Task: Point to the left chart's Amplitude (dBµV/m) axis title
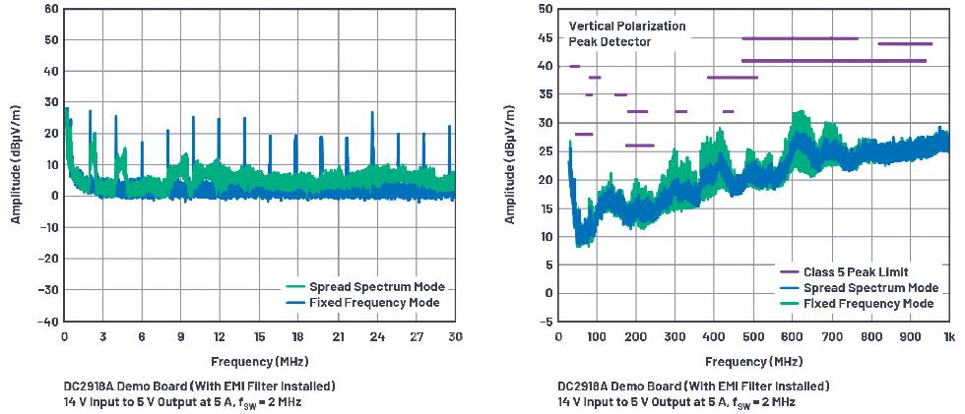(x=17, y=165)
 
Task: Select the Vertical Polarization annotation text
(x=626, y=26)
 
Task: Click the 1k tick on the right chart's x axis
(x=948, y=336)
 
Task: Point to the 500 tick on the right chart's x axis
(x=754, y=336)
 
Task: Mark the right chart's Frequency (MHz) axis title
(x=754, y=361)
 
